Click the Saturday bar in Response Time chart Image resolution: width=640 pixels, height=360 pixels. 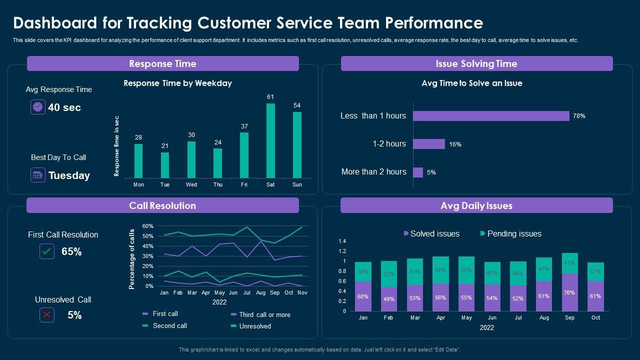[x=270, y=140]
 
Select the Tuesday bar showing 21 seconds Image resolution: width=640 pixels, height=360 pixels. [x=165, y=165]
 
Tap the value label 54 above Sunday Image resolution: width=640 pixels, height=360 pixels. [x=297, y=105]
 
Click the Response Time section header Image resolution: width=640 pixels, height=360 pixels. [x=162, y=63]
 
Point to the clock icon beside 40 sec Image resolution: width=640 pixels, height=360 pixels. [x=38, y=107]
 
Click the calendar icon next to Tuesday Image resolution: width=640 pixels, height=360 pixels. [x=38, y=175]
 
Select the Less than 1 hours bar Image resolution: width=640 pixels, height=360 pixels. [x=491, y=116]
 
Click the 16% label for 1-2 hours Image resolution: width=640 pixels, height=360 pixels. [x=455, y=144]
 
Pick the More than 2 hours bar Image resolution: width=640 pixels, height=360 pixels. [x=418, y=172]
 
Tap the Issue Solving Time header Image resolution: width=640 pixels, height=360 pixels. [x=476, y=63]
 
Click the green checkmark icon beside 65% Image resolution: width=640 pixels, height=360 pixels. [x=47, y=251]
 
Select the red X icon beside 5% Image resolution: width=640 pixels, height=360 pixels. [x=47, y=314]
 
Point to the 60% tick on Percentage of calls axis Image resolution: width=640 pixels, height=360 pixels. [x=148, y=226]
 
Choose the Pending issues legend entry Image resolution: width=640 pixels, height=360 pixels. [x=510, y=233]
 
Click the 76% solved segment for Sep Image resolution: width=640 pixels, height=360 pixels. [x=569, y=292]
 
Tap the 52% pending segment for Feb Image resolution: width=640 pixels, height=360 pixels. [x=388, y=274]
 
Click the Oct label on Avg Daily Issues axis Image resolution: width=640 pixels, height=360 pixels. [x=595, y=317]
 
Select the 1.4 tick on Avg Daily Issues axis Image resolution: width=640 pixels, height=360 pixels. [x=342, y=241]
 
